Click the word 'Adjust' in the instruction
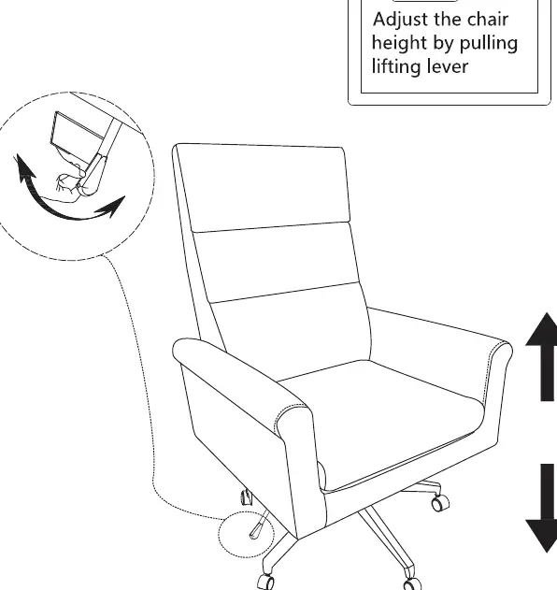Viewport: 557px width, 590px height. (400, 21)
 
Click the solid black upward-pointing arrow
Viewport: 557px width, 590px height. (543, 356)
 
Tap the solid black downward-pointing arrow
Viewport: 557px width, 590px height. (543, 508)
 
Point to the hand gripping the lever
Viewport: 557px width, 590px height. (69, 184)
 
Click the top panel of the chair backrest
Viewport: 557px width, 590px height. (263, 187)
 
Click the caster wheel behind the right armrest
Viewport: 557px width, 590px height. (440, 502)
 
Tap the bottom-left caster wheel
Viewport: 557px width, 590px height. (266, 582)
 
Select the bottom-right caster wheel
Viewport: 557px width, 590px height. (412, 584)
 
